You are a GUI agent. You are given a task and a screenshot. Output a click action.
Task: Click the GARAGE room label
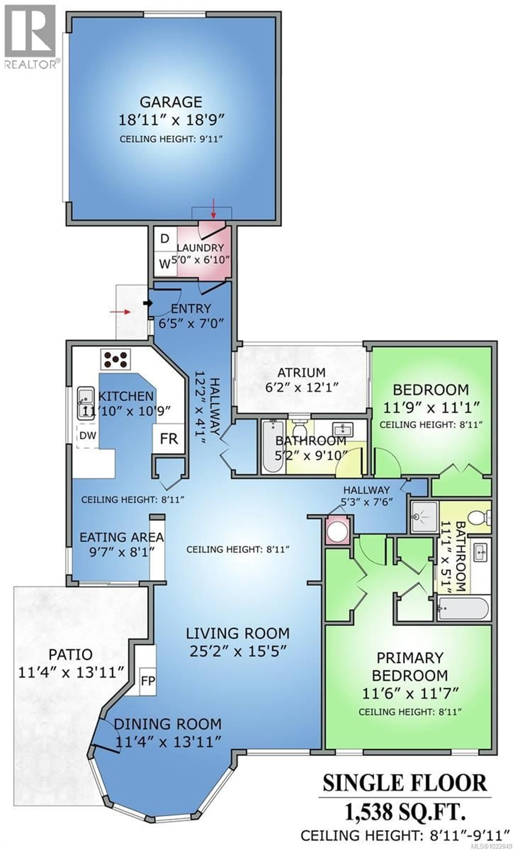[171, 102]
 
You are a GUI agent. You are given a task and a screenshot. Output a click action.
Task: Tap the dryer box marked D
[165, 239]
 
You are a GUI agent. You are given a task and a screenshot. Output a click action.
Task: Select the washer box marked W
[165, 264]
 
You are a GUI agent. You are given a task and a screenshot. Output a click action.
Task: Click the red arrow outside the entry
[120, 312]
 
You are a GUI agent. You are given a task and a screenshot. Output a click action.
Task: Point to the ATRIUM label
[301, 373]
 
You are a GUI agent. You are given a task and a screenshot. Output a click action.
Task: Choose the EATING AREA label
[121, 537]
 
